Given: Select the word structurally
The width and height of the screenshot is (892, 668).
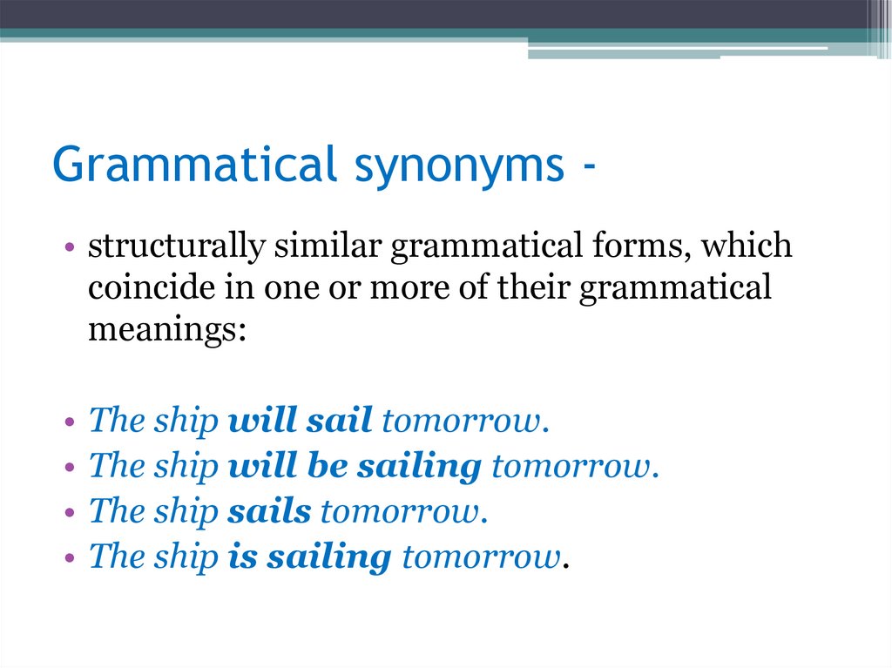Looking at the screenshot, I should (x=177, y=246).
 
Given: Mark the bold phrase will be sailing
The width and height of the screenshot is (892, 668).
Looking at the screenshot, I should (x=355, y=467).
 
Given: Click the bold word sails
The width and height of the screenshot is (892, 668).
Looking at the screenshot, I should (x=269, y=511).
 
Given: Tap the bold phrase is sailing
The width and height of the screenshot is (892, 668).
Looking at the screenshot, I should (x=309, y=557).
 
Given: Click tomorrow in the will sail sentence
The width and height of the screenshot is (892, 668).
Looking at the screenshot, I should (x=464, y=421).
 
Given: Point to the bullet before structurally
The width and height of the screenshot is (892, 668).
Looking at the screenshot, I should (x=69, y=247).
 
